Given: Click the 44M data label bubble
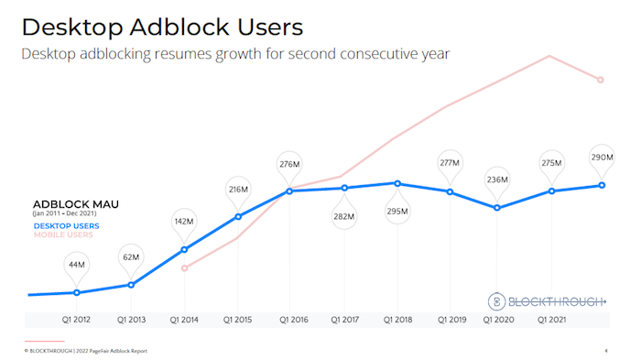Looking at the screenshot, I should [77, 266].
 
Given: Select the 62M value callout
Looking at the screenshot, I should [131, 257].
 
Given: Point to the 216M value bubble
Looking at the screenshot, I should [238, 190].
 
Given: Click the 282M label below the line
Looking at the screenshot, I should [343, 216].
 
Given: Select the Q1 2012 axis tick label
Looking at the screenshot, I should [77, 321].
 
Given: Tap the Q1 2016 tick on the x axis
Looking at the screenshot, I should [289, 321].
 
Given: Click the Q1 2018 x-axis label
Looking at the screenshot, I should [397, 321].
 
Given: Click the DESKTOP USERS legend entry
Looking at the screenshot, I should [66, 225].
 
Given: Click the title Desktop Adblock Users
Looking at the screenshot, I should [162, 26].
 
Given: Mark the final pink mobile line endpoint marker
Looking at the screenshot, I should [602, 80].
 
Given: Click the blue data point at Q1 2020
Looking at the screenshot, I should [496, 208].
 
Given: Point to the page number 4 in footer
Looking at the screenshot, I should [606, 351].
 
